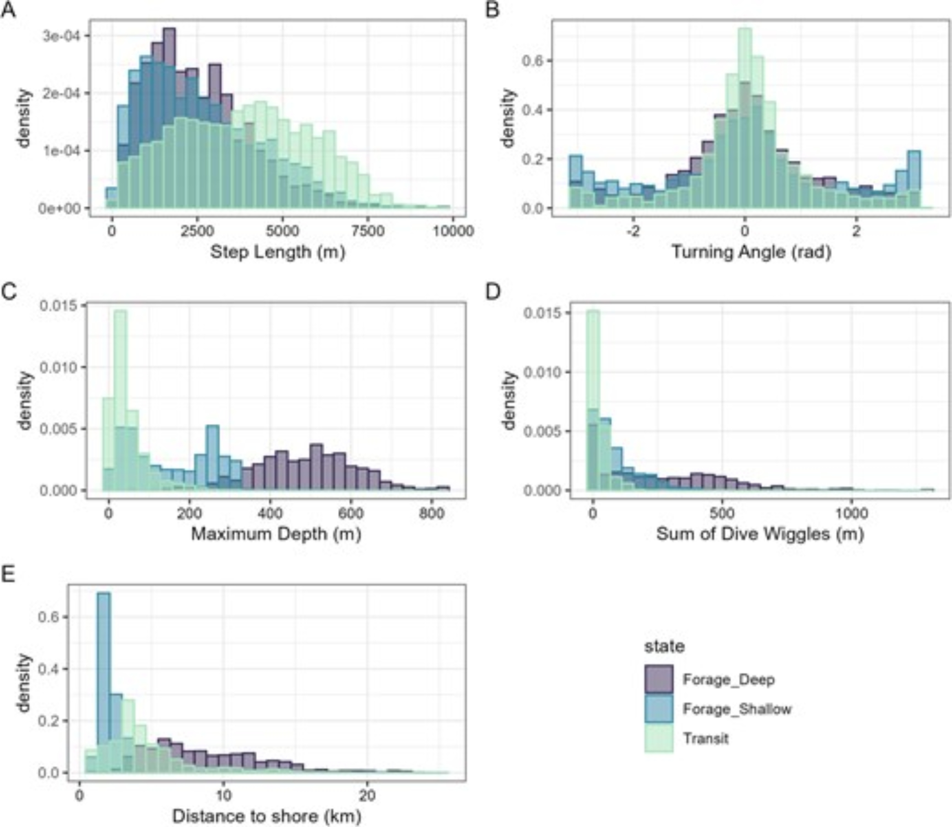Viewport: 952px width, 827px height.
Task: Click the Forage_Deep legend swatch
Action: click(659, 679)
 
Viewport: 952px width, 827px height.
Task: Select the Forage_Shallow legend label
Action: click(737, 709)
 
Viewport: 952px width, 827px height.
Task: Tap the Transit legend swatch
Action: click(659, 738)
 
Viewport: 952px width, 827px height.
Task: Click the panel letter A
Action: click(9, 10)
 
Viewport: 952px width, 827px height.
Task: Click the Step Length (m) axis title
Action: click(278, 252)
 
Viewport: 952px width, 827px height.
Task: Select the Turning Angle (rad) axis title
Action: click(751, 252)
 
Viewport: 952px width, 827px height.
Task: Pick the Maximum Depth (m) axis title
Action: click(276, 534)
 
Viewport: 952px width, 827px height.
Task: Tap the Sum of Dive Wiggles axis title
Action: click(760, 534)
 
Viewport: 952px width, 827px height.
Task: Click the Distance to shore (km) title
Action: click(267, 816)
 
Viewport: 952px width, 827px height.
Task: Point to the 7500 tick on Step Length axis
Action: click(367, 231)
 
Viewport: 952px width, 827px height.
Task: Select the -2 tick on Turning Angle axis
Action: click(633, 231)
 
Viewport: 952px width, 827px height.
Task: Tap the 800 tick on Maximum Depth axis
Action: click(431, 514)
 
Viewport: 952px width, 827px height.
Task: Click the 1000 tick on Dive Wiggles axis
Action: click(851, 514)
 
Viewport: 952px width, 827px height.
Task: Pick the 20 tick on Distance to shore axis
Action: click(367, 796)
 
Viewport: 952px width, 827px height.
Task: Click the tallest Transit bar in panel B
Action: click(745, 119)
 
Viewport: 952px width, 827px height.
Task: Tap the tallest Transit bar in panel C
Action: click(120, 400)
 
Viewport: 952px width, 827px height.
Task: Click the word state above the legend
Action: click(664, 647)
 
